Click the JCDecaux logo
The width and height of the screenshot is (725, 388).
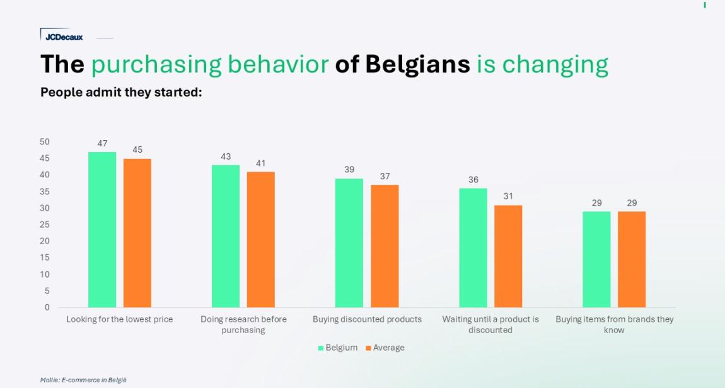[63, 37]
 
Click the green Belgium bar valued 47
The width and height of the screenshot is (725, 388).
[102, 230]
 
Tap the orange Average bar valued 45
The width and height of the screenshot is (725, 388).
[137, 233]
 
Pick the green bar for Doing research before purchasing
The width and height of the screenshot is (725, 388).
[226, 236]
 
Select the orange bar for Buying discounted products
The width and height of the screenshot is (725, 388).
[385, 246]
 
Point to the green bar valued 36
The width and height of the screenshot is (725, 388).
[473, 247]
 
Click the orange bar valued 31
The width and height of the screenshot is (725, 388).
[508, 256]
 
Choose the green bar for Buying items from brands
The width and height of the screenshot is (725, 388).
[596, 259]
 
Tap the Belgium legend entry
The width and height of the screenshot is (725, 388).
[338, 348]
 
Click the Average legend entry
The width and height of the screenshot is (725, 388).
[385, 348]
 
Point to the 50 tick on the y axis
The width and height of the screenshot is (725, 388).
[44, 141]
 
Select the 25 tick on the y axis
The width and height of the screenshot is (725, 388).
[44, 225]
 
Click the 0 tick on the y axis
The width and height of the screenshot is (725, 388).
[47, 307]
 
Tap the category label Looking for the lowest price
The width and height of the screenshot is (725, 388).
[120, 319]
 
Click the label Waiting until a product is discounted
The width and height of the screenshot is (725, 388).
[490, 324]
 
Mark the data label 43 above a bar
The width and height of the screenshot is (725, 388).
[226, 156]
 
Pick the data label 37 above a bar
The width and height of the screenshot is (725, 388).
[385, 177]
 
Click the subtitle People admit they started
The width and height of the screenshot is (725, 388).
[121, 92]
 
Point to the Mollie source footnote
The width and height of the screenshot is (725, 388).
[83, 380]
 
